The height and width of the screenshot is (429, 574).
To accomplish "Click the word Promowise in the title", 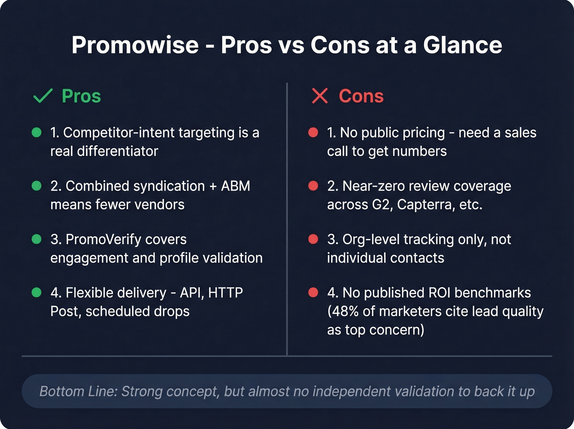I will click(135, 45).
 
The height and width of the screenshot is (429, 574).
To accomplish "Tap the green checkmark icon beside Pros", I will click(43, 96).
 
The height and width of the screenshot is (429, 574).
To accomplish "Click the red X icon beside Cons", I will click(319, 96).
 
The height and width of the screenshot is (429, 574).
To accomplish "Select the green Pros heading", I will click(81, 96).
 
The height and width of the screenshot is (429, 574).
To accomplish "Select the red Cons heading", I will click(361, 96).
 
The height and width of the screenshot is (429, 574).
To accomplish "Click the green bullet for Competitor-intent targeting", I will click(36, 132).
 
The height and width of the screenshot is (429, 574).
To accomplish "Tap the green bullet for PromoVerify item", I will click(36, 239).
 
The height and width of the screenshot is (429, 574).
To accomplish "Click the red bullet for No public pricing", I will click(313, 132).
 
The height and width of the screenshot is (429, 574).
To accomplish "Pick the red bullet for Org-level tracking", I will click(313, 239).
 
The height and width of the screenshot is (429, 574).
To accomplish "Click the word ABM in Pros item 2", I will click(235, 186).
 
